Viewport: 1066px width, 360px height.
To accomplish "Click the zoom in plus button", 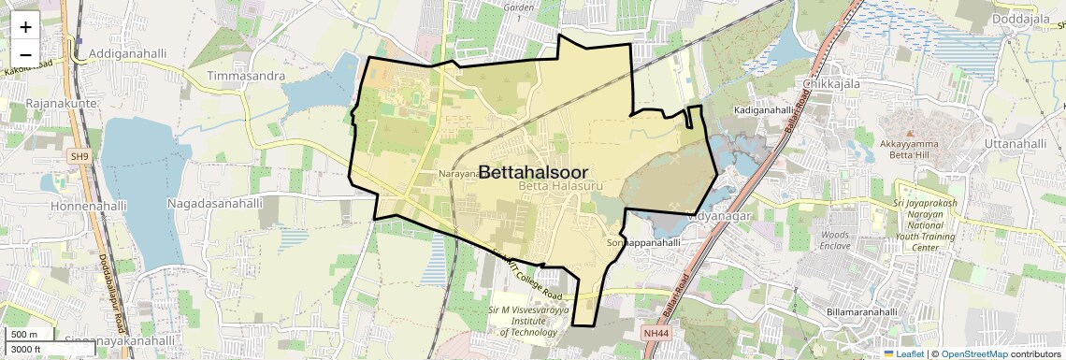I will [x=25, y=27].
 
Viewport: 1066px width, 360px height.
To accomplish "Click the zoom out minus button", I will [x=25, y=54].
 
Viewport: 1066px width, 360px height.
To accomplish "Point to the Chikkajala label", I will [x=831, y=83].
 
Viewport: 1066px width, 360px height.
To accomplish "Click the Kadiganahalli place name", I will [x=763, y=110].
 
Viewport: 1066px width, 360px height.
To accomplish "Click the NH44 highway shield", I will [x=656, y=332].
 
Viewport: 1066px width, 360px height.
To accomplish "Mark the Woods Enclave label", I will [x=834, y=240].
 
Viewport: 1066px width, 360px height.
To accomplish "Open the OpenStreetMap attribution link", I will [x=973, y=353].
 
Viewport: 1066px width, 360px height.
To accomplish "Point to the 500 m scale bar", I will [x=24, y=335].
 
